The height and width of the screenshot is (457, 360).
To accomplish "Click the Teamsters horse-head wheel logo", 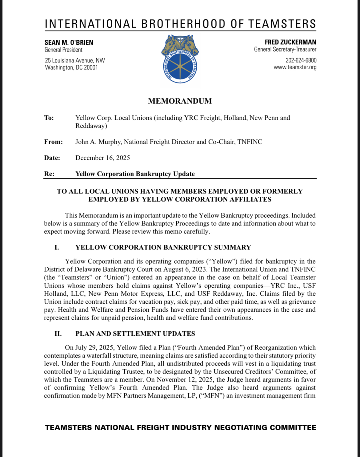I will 180,59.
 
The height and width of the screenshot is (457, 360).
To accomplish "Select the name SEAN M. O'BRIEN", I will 69,42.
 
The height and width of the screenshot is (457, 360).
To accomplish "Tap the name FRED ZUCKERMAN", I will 290,42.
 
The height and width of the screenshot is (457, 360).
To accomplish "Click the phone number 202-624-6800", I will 301,60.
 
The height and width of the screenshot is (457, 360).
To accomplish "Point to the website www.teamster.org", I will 295,67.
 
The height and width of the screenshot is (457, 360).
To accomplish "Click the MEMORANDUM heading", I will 180,101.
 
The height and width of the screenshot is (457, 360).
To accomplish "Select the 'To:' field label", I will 49,118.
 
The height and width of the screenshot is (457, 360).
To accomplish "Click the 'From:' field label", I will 53,142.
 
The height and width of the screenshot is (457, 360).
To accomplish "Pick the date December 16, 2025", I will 102,158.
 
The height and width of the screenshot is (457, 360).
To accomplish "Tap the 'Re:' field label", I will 49,174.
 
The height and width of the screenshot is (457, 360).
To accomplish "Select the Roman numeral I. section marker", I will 57,248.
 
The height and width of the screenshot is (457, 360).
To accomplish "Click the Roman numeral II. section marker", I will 58,334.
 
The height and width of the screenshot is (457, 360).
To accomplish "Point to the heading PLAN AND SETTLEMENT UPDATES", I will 135,334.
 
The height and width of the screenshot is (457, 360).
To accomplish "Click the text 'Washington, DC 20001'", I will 71,67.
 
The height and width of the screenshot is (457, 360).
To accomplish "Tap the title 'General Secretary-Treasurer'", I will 285,49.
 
